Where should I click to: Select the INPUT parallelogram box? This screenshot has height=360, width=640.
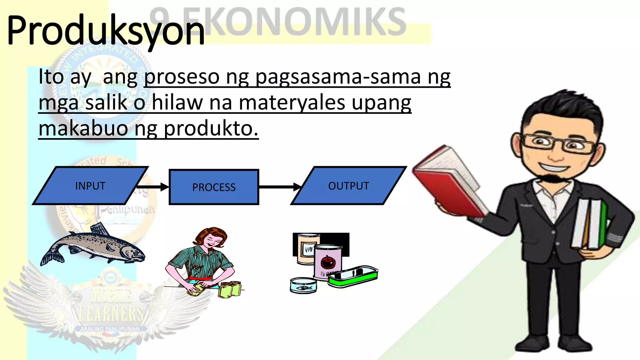pos(90,186)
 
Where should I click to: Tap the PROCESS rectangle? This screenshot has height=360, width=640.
pos(214,187)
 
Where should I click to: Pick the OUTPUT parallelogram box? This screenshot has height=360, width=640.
pos(348,186)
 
